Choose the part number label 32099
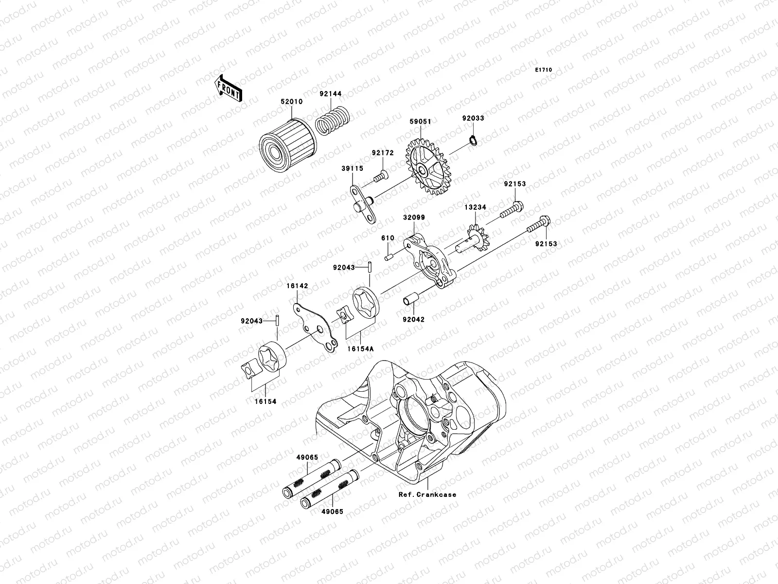[413, 218]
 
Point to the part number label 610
[388, 238]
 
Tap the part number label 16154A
[360, 349]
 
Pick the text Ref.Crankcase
[427, 494]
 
